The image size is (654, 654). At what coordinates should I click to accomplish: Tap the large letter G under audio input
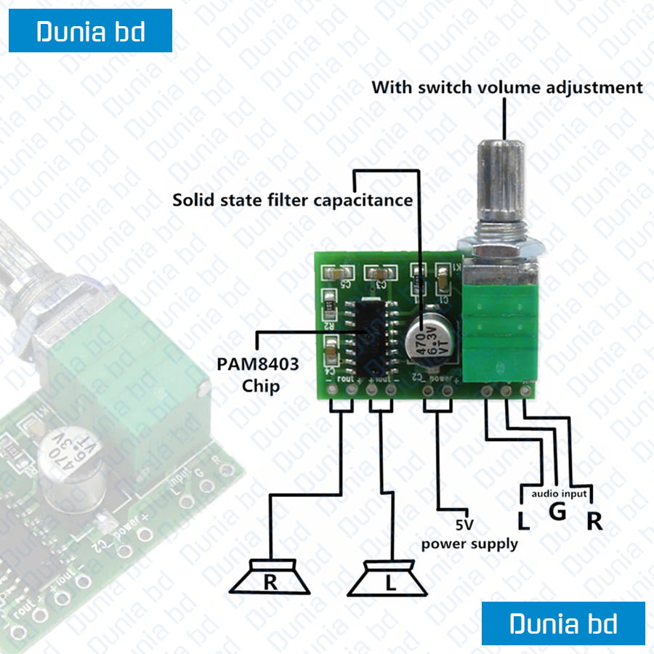[x=557, y=512]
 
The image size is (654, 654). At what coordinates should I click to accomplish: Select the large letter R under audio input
[x=594, y=521]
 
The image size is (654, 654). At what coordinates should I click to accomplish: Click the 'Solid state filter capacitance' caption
[x=292, y=200]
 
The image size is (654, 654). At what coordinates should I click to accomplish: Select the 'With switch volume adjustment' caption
[x=507, y=88]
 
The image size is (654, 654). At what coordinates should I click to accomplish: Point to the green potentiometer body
[x=499, y=334]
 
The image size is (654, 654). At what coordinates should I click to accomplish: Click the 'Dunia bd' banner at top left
[x=90, y=31]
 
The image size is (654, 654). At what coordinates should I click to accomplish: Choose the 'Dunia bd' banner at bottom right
[x=563, y=623]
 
